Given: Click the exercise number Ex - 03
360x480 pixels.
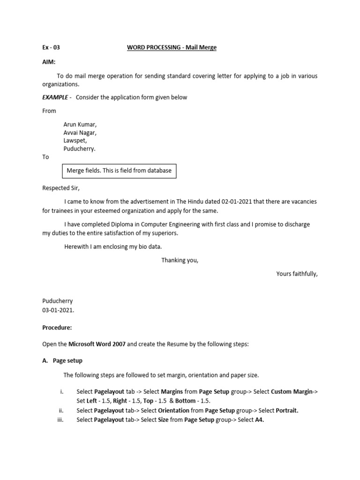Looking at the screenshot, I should tap(51, 47).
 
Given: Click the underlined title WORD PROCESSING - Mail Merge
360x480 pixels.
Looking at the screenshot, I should tap(172, 47).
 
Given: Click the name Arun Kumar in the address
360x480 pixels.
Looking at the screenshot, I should tap(80, 125).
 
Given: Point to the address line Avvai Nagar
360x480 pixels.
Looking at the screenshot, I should tap(80, 133).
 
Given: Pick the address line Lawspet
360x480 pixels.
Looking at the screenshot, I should tap(75, 141).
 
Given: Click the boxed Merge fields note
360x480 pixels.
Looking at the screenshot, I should tap(120, 171).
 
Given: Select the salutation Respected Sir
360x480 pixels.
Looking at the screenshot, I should tap(61, 188).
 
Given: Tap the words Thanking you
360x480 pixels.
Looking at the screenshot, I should tap(180, 260).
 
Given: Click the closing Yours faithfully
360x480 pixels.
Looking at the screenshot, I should tap(297, 274).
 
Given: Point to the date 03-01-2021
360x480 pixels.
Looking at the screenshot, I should tap(58, 310).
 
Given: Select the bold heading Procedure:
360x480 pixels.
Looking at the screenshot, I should tap(57, 328).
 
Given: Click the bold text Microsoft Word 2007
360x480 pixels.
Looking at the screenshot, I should tap(97, 344).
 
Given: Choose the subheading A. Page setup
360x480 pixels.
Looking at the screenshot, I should tap(62, 360).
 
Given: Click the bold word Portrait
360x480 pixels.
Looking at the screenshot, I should tap(287, 411).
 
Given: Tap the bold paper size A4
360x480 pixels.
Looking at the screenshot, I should tap(259, 420).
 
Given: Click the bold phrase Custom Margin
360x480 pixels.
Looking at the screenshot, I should tap(292, 392).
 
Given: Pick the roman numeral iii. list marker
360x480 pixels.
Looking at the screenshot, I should tap(60, 420).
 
